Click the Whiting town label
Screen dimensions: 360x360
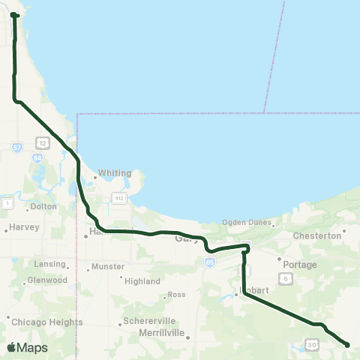tap(115, 172)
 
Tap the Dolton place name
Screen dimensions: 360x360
tap(43, 205)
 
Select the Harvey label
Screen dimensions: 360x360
tap(22, 227)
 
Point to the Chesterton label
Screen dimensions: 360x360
tap(316, 235)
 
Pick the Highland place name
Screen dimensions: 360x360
tap(142, 281)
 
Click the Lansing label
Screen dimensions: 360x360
tap(49, 264)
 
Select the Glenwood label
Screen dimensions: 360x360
tap(47, 280)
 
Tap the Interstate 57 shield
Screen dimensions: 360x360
tap(17, 148)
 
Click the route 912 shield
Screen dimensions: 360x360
tap(118, 197)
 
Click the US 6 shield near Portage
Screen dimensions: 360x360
tap(286, 278)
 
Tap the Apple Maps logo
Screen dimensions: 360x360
tap(27, 348)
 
